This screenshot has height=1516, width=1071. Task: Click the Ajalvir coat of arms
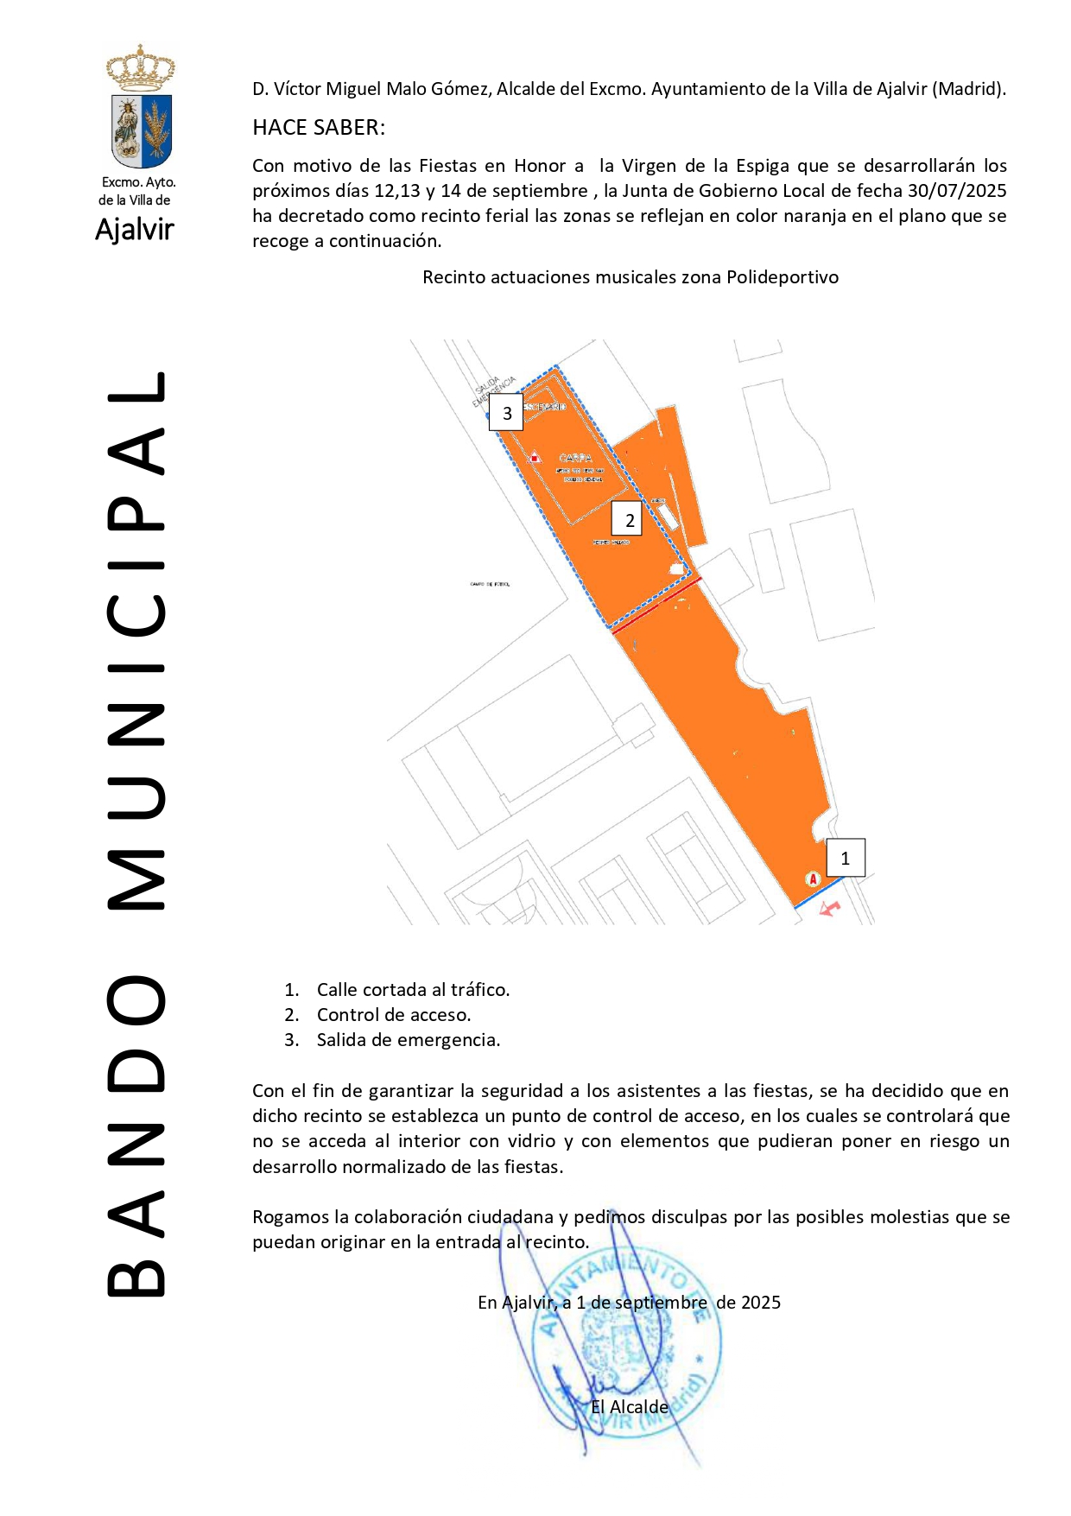(140, 109)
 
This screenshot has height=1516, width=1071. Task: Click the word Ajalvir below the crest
(135, 230)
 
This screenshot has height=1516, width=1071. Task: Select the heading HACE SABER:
(319, 128)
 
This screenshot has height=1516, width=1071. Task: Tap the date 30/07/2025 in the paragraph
(956, 191)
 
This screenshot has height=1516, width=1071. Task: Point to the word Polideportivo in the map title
(783, 277)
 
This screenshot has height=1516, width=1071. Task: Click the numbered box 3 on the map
(506, 413)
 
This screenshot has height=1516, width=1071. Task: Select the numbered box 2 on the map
(628, 520)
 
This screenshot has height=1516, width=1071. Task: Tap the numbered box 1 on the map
(845, 858)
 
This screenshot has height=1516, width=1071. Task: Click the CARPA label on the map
(575, 458)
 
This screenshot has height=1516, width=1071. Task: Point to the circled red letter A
(812, 879)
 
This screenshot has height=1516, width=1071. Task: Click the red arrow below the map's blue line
(829, 909)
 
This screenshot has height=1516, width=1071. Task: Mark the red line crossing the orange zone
(656, 606)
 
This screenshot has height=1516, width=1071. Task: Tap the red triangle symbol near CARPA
(535, 457)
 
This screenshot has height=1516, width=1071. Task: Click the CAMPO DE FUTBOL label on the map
(490, 584)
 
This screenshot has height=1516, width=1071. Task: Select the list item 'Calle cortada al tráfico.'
(413, 990)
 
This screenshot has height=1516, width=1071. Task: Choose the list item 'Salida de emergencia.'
(409, 1040)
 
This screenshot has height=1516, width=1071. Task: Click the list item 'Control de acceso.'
(394, 1015)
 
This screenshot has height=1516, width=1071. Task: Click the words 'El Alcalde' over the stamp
(629, 1407)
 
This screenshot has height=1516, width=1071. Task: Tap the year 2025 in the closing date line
(760, 1303)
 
